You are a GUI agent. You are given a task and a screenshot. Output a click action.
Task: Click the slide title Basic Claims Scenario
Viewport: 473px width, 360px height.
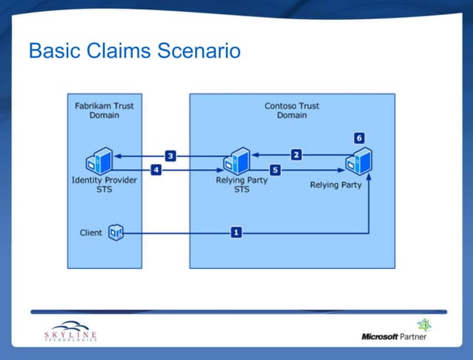click(134, 51)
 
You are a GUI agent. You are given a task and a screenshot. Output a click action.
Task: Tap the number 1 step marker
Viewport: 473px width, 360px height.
click(236, 232)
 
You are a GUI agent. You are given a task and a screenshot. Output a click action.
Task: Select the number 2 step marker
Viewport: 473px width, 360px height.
click(296, 154)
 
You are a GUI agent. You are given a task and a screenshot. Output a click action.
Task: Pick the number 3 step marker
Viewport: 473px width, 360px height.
click(170, 156)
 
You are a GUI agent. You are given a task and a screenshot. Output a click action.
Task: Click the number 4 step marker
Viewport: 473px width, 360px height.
click(156, 170)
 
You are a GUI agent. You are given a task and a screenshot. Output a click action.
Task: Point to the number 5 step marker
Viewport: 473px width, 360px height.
click(274, 170)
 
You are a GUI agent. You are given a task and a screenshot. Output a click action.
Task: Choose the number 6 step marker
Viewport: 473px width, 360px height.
click(359, 138)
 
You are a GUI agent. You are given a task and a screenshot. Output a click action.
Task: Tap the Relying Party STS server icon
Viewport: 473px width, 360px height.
click(237, 161)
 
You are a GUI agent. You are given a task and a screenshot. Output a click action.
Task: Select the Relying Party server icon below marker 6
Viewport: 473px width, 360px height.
click(360, 161)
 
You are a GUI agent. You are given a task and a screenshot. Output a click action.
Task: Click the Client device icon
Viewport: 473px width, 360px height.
click(115, 233)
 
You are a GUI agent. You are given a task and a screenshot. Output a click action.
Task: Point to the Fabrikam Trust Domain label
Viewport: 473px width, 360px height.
click(104, 110)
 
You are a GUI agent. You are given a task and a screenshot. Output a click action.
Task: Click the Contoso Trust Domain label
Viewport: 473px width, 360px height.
click(291, 110)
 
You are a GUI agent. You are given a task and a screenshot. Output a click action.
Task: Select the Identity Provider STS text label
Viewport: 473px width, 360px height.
click(104, 184)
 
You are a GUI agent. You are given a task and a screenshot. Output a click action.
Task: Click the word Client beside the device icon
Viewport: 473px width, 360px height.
click(91, 233)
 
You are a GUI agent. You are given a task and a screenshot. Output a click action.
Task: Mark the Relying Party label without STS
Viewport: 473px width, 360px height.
click(335, 184)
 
